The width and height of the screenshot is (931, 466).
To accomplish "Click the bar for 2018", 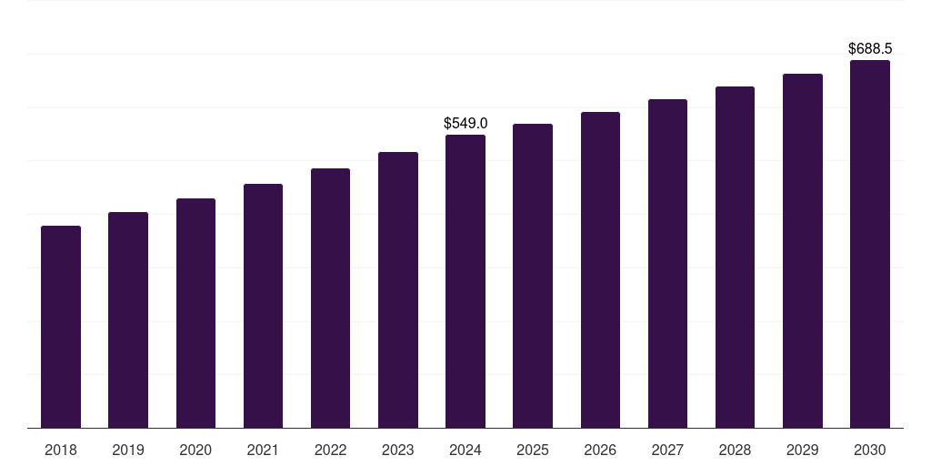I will tap(61, 327).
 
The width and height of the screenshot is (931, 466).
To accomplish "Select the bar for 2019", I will tap(128, 319).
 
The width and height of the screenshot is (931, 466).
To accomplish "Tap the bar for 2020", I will tap(195, 313).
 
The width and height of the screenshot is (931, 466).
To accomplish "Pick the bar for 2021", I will tap(263, 306).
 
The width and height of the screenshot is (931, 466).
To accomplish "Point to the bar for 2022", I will tap(330, 298).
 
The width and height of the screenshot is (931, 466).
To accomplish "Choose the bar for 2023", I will tap(398, 289).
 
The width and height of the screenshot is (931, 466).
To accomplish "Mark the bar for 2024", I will tap(465, 281).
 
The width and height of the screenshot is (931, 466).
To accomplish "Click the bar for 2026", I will tap(600, 269).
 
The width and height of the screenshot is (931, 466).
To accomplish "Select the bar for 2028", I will tap(735, 257).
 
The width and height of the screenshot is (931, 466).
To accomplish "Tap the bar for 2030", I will tap(870, 244).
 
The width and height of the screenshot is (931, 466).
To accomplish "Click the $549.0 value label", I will tap(465, 123).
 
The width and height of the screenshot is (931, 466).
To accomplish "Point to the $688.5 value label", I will tap(870, 48).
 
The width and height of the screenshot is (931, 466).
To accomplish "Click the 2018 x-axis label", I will tap(61, 450).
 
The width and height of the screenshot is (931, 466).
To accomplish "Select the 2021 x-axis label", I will tap(263, 450).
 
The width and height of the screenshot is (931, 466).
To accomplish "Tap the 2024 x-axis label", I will tap(465, 450).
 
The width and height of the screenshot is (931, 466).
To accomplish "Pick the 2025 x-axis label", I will tap(533, 450).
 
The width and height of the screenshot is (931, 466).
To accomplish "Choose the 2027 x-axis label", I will tap(667, 450).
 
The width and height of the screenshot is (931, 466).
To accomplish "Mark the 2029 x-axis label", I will tap(803, 450).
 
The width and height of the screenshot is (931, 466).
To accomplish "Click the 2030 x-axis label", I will tap(870, 450).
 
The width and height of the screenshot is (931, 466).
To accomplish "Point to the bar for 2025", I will tap(533, 276).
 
